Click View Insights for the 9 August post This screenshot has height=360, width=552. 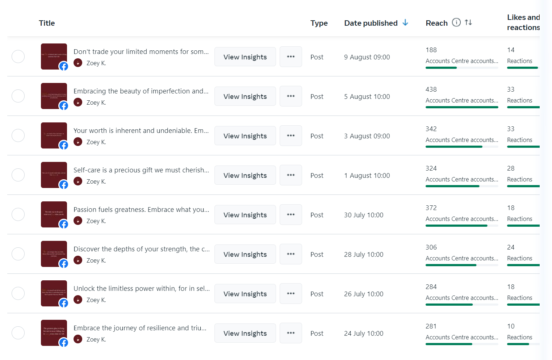245,57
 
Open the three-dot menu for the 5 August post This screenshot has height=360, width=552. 290,96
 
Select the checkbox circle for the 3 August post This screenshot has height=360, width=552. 18,135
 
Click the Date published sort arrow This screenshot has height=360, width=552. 405,23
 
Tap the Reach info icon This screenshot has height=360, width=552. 456,22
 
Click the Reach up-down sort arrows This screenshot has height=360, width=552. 468,22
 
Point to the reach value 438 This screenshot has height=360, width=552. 431,89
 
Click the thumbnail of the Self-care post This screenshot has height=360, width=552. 54,175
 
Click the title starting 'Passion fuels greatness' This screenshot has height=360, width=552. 141,210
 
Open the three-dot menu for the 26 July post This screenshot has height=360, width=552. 290,294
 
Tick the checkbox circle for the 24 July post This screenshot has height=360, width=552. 18,333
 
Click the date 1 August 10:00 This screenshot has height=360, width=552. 367,176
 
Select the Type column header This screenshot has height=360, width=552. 319,23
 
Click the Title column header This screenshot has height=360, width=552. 47,23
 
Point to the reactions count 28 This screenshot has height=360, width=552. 511,168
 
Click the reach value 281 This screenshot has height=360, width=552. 431,326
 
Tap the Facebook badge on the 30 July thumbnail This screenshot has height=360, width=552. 64,224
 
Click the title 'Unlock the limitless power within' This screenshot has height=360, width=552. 142,289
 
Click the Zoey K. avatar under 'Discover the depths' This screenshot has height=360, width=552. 78,260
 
